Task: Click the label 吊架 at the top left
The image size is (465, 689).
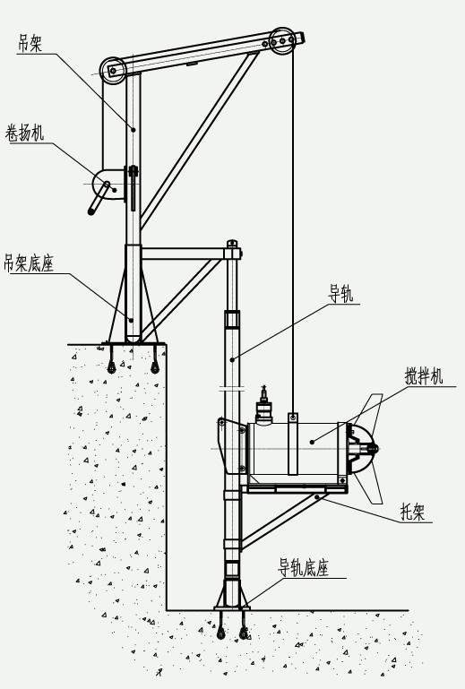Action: pos(30,44)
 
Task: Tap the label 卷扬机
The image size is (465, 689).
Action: pos(24,133)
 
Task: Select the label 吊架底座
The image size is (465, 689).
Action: pos(29,263)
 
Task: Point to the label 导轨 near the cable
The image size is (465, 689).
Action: pos(341,294)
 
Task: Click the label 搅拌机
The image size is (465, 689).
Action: pos(424,376)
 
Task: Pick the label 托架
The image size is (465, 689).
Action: pos(413,512)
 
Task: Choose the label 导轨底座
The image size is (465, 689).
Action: pos(303,568)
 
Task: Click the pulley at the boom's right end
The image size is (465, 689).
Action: pos(282,41)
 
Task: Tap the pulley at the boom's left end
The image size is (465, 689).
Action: pos(114,70)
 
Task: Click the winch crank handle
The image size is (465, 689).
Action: pos(99,198)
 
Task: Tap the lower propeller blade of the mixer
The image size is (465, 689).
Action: pos(370,487)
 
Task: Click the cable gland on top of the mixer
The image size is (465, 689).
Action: pos(263,404)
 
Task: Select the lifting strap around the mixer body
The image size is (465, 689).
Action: pos(293,444)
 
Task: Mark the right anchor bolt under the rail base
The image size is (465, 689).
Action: pos(243,625)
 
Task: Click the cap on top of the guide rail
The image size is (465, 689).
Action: pos(232,243)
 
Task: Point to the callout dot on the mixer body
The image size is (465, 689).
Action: pos(312,442)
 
